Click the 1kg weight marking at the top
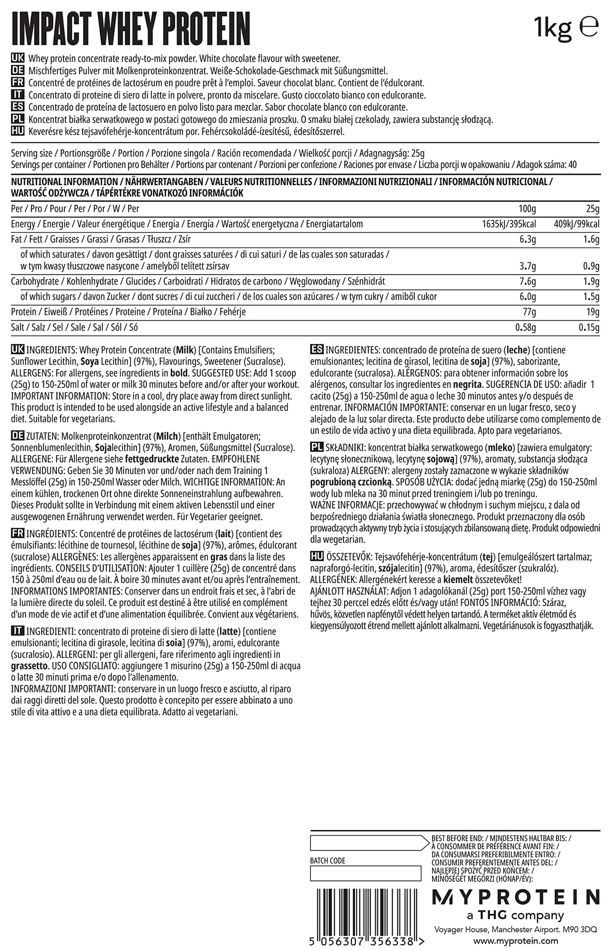click(553, 28)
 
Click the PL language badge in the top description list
click(17, 119)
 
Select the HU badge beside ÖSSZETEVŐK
click(317, 556)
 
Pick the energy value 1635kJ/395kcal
click(509, 224)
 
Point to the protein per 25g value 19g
click(592, 312)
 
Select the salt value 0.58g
click(525, 328)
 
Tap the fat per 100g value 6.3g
click(527, 239)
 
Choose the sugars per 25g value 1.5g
click(591, 297)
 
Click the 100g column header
click(527, 209)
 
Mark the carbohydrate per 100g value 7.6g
click(527, 282)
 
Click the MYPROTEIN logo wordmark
click(515, 897)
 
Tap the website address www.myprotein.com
click(515, 941)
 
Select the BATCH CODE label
click(327, 860)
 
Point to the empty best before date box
click(365, 843)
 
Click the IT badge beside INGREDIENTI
click(17, 631)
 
